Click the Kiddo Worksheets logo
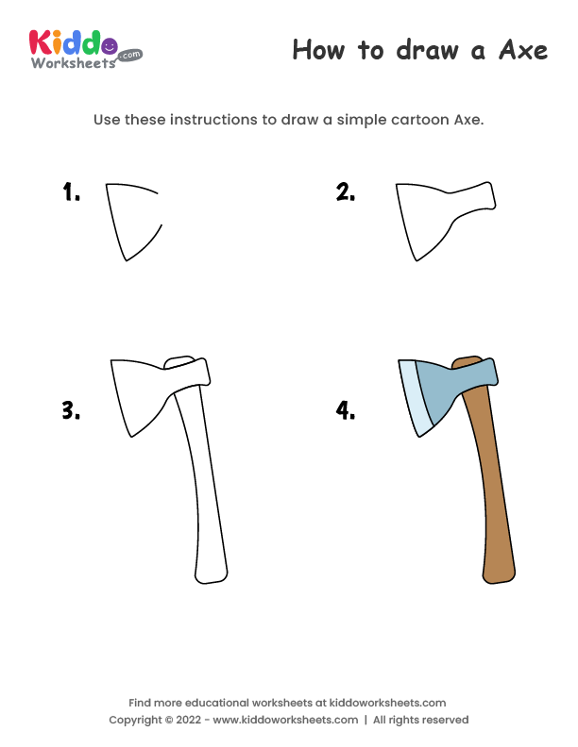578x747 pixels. [85, 48]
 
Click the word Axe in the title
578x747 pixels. [521, 50]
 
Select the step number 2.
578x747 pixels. [345, 193]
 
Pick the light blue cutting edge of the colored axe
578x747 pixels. [414, 396]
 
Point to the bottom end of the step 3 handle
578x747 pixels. [211, 571]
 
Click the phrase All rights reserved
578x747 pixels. [420, 720]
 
